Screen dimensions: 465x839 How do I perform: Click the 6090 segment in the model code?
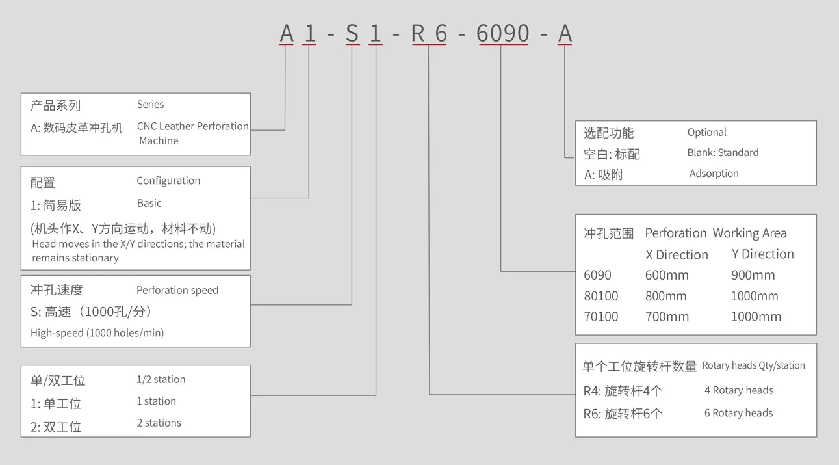coord(502,33)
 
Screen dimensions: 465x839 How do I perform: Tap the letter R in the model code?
coord(418,33)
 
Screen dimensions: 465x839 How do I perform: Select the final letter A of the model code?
coord(565,33)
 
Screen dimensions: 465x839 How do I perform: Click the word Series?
coord(150,104)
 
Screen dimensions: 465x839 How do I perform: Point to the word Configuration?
coord(168,181)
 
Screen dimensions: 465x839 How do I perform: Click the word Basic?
coord(149,203)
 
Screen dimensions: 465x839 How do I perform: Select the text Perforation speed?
coord(177,290)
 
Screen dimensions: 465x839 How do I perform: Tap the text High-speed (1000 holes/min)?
coord(97,333)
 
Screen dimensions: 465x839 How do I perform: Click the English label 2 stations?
coord(159,423)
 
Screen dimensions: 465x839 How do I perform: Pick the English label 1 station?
coord(156,401)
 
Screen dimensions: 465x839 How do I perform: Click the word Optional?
coord(706,132)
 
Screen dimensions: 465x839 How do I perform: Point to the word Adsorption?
coord(714,174)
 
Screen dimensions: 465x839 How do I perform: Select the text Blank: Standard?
coord(723,153)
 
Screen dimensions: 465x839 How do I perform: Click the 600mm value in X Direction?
coord(667,275)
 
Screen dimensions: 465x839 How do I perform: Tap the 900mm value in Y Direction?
coord(753,275)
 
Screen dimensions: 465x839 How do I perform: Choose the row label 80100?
coord(600,296)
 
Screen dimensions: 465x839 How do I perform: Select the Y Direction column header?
coord(762,254)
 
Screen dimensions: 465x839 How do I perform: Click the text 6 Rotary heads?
coord(738,413)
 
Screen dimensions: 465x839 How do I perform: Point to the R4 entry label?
coord(592,392)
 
